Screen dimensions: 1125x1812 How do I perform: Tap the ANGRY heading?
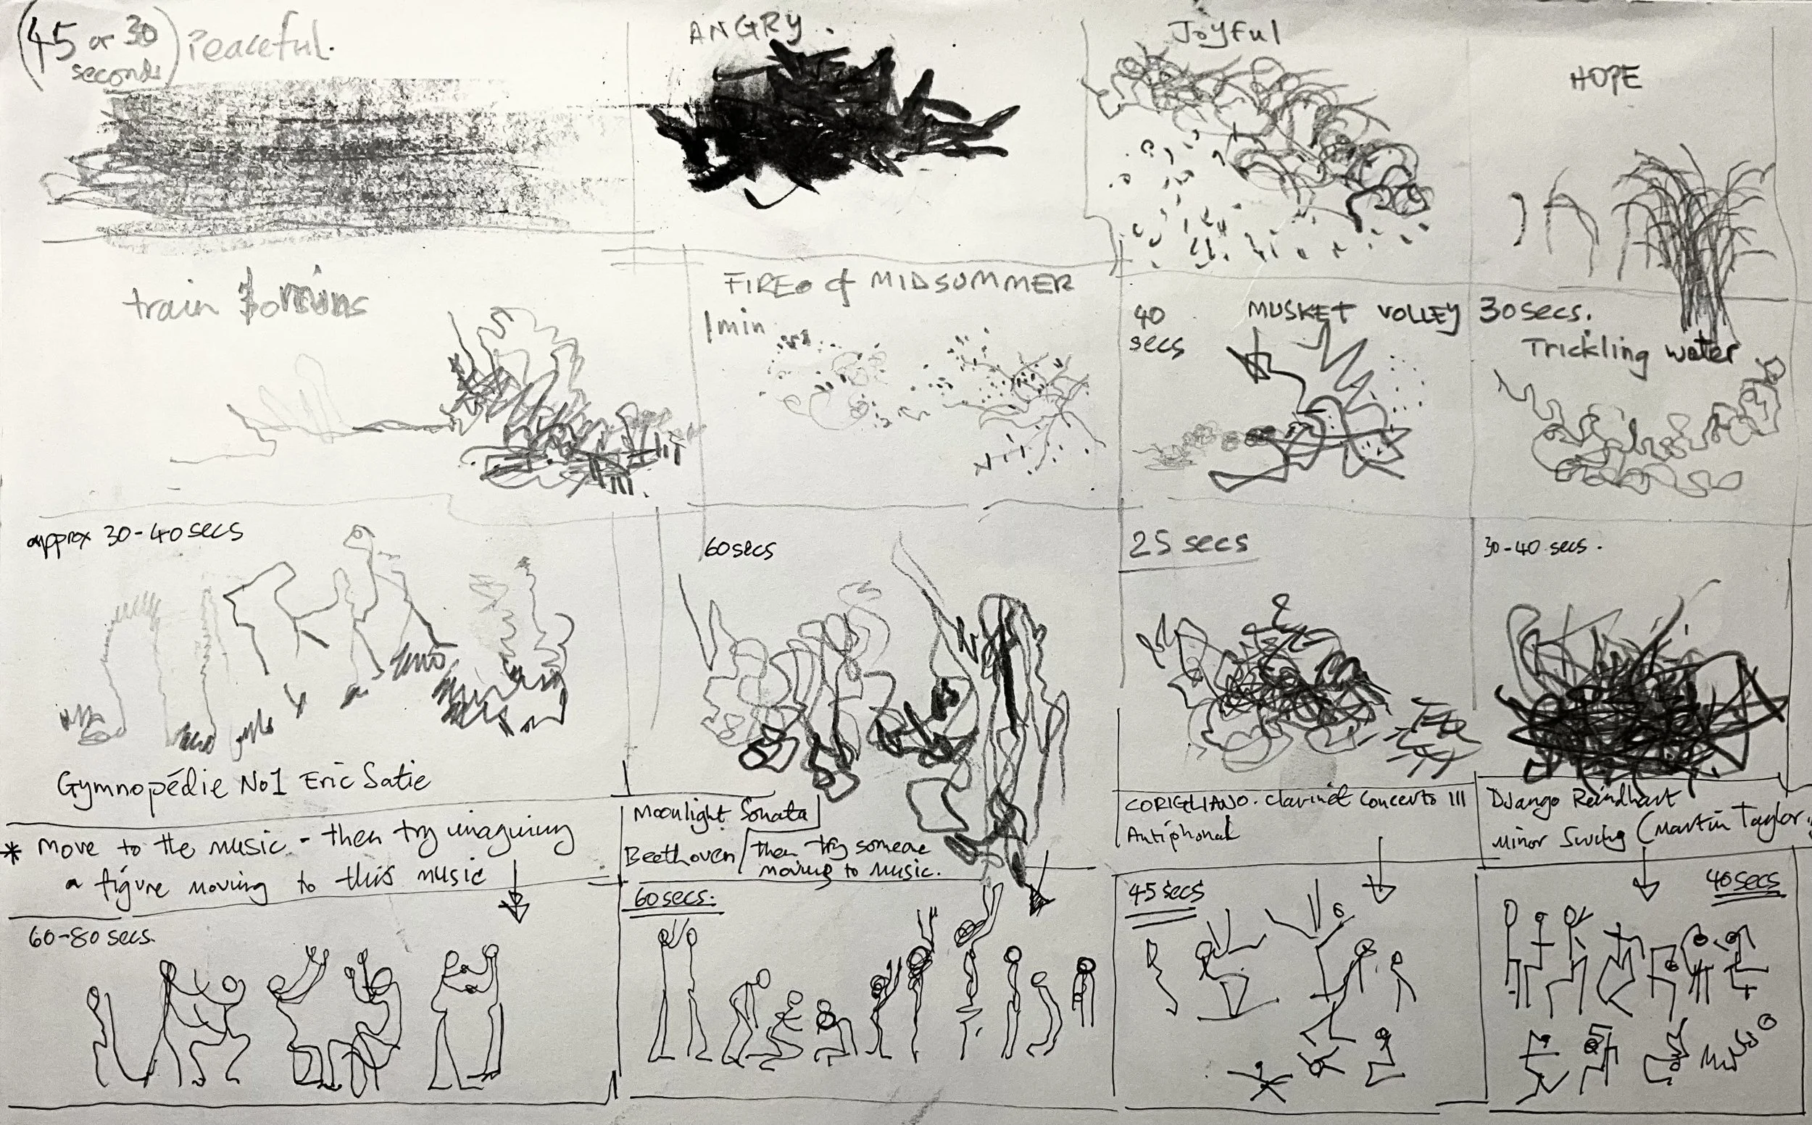coord(744,31)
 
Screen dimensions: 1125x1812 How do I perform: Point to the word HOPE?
coord(1605,80)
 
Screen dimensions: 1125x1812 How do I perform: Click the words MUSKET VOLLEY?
coord(1351,315)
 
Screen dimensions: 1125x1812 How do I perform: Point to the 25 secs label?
coord(1189,544)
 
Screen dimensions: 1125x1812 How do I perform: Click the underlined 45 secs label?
coord(1165,893)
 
